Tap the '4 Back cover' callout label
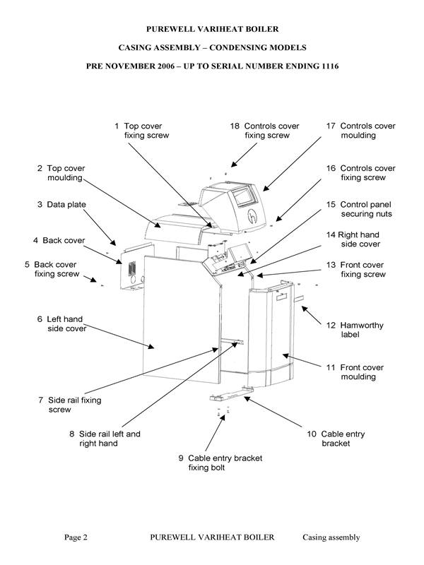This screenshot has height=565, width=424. tap(59, 240)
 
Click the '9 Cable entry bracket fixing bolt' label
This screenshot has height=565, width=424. tap(220, 463)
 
